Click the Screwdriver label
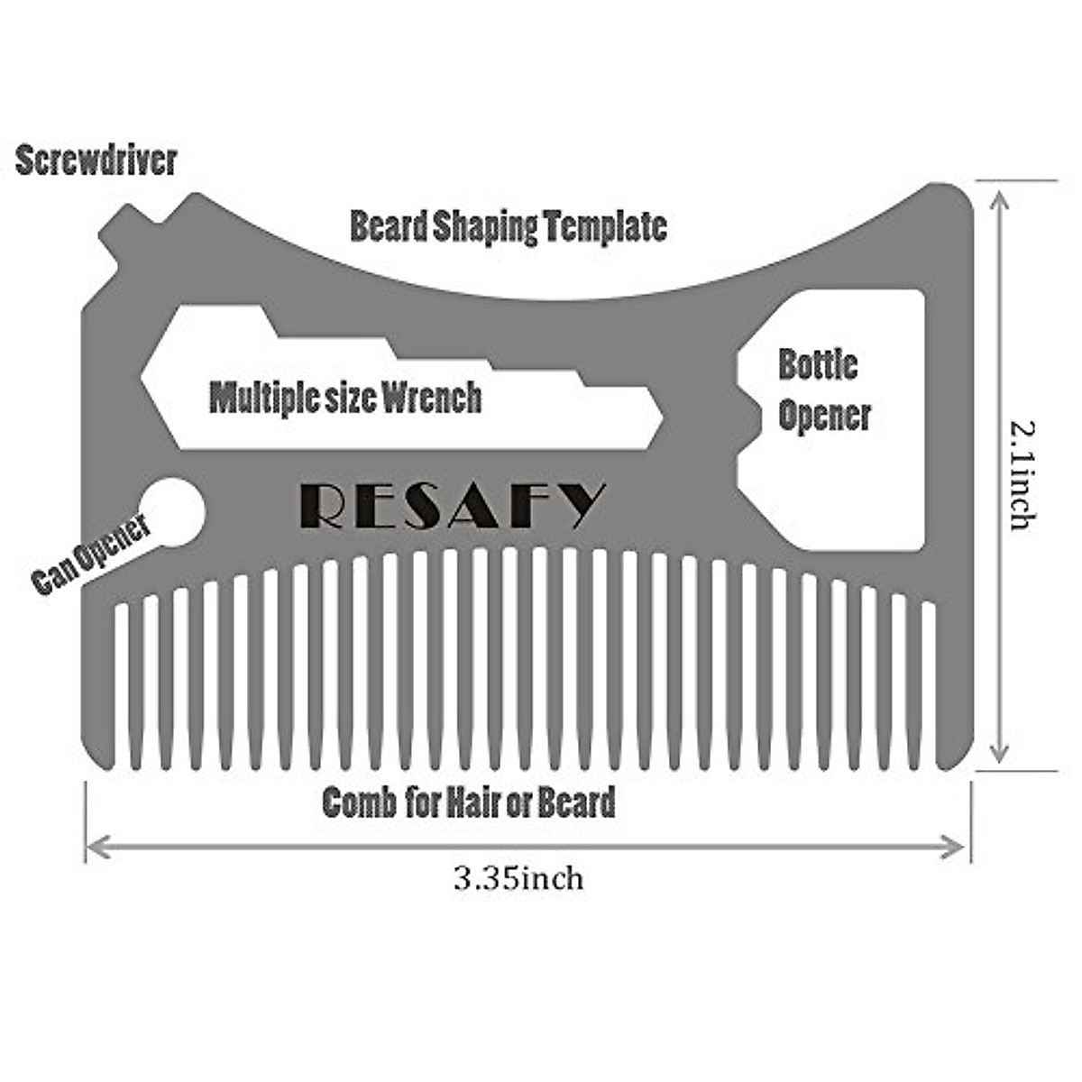pyautogui.click(x=96, y=161)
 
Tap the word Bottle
pyautogui.click(x=818, y=365)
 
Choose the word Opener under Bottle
pyautogui.click(x=824, y=416)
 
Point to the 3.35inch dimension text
pyautogui.click(x=518, y=877)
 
